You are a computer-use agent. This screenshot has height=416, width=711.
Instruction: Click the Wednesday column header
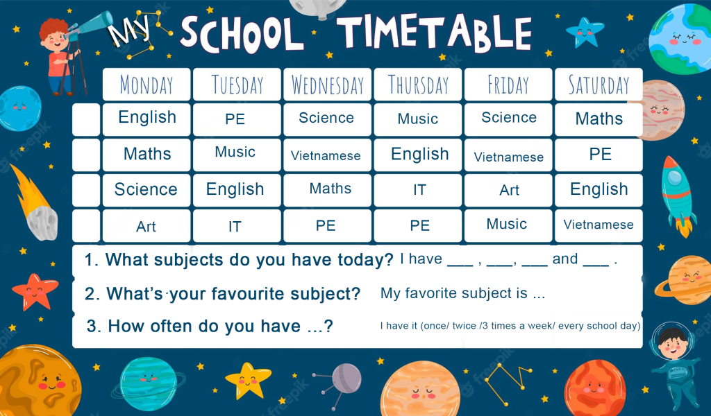[328, 84]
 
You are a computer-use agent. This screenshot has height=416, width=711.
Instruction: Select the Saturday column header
[599, 84]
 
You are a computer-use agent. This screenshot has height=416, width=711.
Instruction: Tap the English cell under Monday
[147, 119]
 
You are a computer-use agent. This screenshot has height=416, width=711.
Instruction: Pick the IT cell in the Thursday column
[418, 190]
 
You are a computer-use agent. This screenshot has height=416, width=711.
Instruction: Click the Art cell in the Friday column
[508, 190]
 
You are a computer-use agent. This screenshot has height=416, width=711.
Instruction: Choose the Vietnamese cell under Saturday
[599, 225]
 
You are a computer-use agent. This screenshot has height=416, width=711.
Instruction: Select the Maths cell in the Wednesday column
[328, 190]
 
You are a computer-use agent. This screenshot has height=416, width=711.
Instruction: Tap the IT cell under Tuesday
[237, 225]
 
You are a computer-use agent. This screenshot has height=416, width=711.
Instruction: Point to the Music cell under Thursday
[418, 119]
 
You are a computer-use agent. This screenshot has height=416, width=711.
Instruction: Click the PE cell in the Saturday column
[599, 155]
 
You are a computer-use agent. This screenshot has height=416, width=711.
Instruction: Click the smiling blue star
[585, 32]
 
